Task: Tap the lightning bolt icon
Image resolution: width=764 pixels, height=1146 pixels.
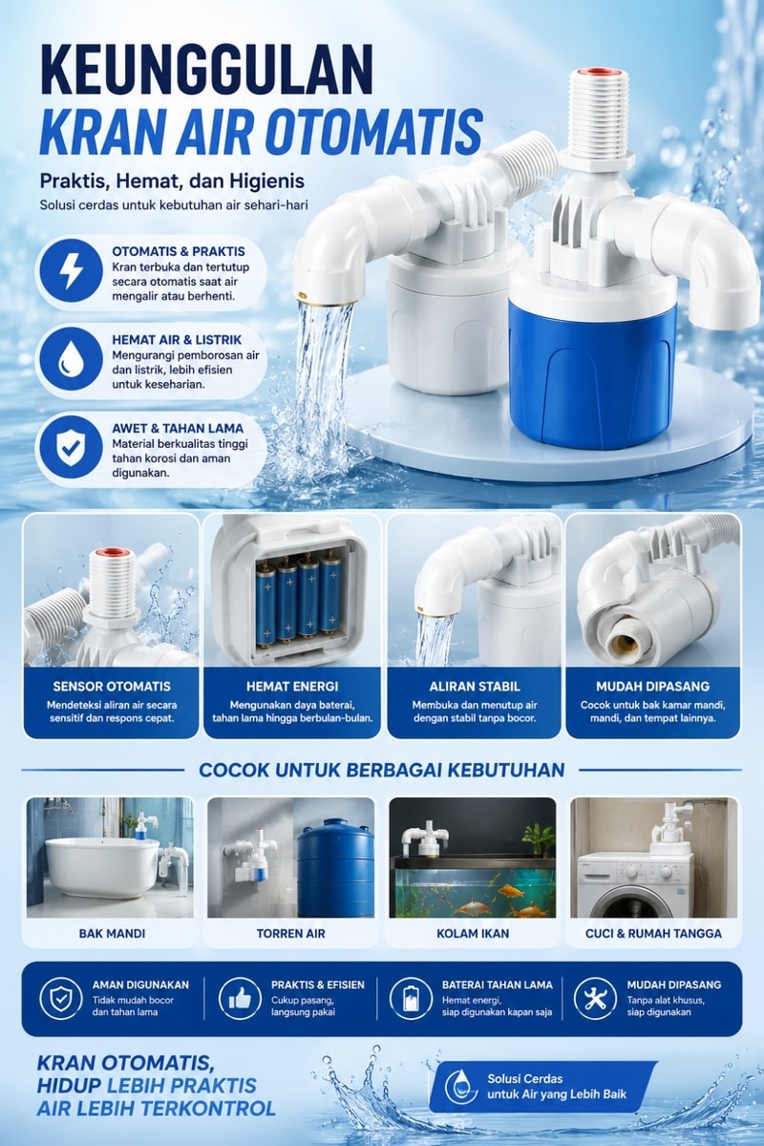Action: tap(71, 270)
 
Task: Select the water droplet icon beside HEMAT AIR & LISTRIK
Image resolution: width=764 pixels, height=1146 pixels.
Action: tap(71, 359)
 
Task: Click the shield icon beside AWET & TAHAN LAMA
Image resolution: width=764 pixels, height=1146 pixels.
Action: tap(71, 448)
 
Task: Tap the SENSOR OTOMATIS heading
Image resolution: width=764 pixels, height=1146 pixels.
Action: tap(112, 686)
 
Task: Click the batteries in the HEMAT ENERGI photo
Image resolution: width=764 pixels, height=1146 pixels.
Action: tap(299, 604)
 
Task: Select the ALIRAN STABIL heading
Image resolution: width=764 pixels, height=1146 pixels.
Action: tap(475, 686)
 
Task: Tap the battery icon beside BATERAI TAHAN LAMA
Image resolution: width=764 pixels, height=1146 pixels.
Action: tap(411, 998)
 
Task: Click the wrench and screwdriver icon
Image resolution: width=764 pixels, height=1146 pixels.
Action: tap(595, 998)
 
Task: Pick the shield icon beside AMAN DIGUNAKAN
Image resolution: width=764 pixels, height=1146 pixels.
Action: tap(61, 998)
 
